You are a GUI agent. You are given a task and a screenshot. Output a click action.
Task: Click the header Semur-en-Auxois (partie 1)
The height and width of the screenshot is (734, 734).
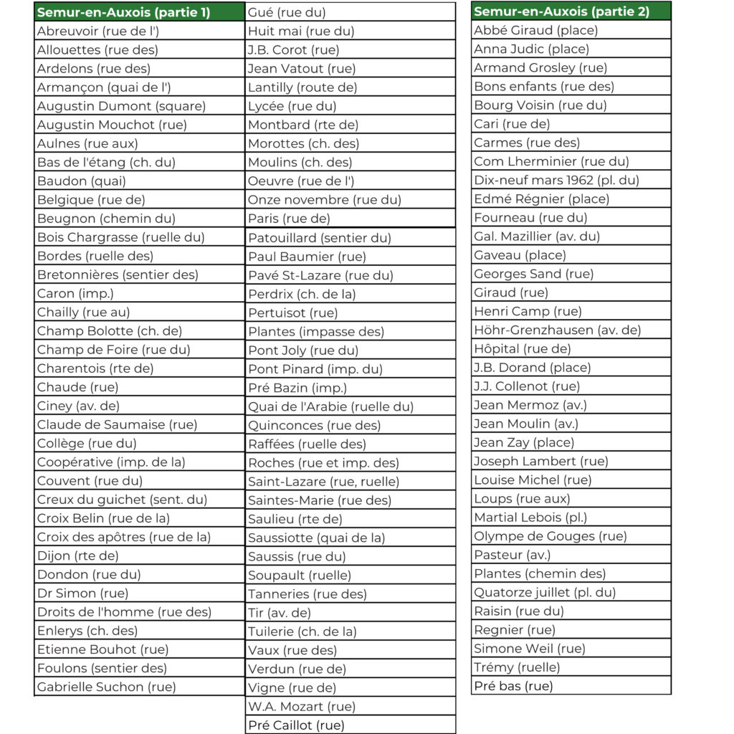tap(123, 12)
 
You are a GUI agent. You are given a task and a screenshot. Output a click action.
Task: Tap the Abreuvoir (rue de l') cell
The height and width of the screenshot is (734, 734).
tap(98, 32)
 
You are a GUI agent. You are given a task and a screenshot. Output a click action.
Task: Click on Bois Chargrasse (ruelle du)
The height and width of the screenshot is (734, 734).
tap(120, 237)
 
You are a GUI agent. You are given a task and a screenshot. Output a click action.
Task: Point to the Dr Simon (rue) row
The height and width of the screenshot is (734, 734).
tap(83, 593)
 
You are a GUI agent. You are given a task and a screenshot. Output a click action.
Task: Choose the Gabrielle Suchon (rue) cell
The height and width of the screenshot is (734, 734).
tap(107, 687)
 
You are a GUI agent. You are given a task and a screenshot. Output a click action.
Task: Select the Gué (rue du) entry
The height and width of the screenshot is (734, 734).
tap(287, 12)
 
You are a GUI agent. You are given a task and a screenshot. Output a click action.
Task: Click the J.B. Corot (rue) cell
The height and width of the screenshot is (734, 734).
tap(294, 49)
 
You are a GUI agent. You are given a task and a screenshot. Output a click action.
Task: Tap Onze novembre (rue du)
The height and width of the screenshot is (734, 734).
tap(325, 200)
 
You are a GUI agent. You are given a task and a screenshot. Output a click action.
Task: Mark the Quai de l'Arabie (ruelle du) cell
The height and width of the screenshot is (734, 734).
tap(331, 406)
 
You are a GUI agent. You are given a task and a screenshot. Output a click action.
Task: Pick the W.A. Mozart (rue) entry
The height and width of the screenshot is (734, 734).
tap(302, 706)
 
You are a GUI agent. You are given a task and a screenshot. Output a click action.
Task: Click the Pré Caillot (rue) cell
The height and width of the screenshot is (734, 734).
tap(296, 725)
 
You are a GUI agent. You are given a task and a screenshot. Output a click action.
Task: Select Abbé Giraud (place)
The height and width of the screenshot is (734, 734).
tap(536, 30)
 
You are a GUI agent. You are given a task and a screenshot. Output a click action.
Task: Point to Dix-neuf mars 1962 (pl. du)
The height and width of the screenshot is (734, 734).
tap(556, 180)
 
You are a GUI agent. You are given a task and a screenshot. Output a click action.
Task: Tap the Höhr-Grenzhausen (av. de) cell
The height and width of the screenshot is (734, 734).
tap(558, 330)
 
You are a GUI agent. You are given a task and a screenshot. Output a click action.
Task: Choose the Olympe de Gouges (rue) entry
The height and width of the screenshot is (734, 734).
tap(550, 536)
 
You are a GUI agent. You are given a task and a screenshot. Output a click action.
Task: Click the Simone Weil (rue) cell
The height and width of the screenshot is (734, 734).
tap(530, 649)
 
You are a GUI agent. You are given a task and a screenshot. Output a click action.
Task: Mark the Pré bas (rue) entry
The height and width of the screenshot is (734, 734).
tap(513, 686)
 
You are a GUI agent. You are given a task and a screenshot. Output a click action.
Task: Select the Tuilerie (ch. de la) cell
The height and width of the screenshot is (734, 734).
tap(302, 631)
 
